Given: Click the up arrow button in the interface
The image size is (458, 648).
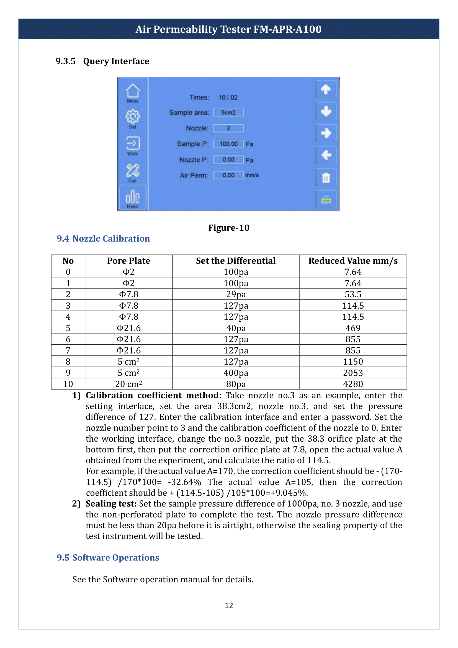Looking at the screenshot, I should click(x=326, y=89).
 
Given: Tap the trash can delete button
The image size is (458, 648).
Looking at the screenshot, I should click(x=326, y=178).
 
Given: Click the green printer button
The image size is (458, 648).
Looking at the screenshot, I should click(x=326, y=200).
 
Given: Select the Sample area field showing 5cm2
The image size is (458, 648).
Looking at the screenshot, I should click(x=228, y=112).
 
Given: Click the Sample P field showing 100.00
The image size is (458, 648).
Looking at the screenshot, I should click(x=228, y=144).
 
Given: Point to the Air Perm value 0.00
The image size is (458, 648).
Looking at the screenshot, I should click(x=228, y=175).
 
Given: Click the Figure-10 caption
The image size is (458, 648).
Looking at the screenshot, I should click(x=229, y=228).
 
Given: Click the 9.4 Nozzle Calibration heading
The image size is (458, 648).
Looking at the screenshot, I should click(x=103, y=239).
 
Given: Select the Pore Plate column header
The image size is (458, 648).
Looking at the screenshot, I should click(x=128, y=261).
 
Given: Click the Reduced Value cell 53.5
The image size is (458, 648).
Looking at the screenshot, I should click(x=353, y=294).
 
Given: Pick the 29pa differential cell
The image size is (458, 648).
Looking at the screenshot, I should click(x=236, y=294).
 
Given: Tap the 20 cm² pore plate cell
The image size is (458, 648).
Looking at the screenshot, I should click(x=128, y=384).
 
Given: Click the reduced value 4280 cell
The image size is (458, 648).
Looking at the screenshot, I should click(x=353, y=384).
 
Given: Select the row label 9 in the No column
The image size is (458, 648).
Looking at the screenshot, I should click(x=68, y=373).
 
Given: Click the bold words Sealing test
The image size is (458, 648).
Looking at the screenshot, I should click(x=111, y=504).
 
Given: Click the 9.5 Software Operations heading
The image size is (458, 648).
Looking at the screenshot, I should click(x=108, y=558).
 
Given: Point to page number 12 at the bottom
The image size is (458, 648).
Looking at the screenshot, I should click(x=229, y=605).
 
